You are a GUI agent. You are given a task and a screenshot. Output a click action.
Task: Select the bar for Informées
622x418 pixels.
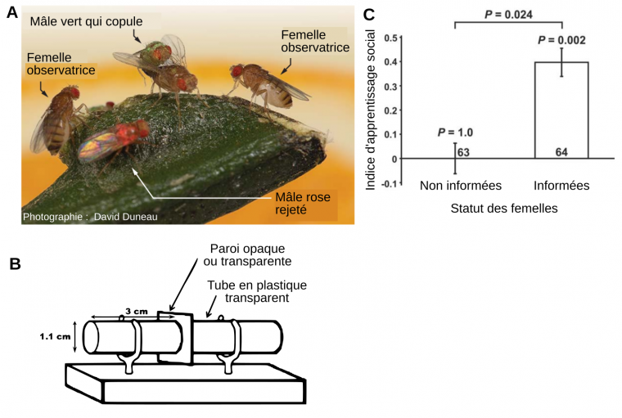561,110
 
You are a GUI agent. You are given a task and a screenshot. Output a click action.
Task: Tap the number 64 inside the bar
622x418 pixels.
561,151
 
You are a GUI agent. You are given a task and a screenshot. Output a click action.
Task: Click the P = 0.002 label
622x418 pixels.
561,39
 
